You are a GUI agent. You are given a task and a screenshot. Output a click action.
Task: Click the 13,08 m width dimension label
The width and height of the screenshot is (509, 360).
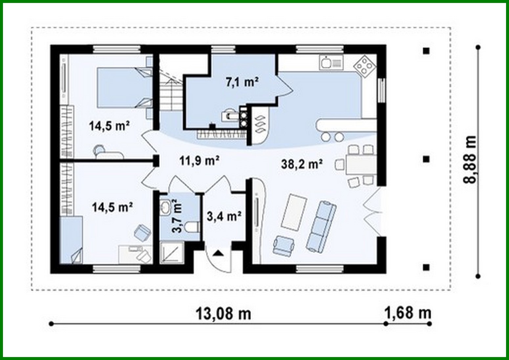pyautogui.click(x=223, y=313)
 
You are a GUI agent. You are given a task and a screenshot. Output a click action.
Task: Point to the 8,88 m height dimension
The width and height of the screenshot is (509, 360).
pyautogui.click(x=470, y=159)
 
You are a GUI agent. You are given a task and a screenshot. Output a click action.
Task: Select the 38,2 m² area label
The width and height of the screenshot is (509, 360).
pyautogui.click(x=302, y=164)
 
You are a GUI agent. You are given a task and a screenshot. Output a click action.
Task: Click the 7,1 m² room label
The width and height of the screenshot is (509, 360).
pyautogui.click(x=242, y=82)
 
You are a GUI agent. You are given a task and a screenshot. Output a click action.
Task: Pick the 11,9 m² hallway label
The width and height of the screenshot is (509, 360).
pyautogui.click(x=200, y=161)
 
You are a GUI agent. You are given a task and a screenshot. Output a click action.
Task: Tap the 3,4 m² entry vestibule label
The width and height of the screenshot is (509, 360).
pyautogui.click(x=224, y=216)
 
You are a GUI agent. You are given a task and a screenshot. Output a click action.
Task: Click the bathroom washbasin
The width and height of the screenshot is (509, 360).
pyautogui.click(x=165, y=206)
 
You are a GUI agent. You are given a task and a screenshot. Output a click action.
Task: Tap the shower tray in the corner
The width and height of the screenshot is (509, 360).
pyautogui.click(x=172, y=252)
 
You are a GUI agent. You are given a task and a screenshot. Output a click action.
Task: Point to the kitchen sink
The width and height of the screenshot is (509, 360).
pyautogui.click(x=331, y=62)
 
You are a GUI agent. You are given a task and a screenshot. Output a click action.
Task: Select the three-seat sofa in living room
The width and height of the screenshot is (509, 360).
pyautogui.click(x=321, y=227)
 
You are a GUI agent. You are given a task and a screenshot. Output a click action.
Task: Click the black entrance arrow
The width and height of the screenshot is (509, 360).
pyautogui.click(x=218, y=253)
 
